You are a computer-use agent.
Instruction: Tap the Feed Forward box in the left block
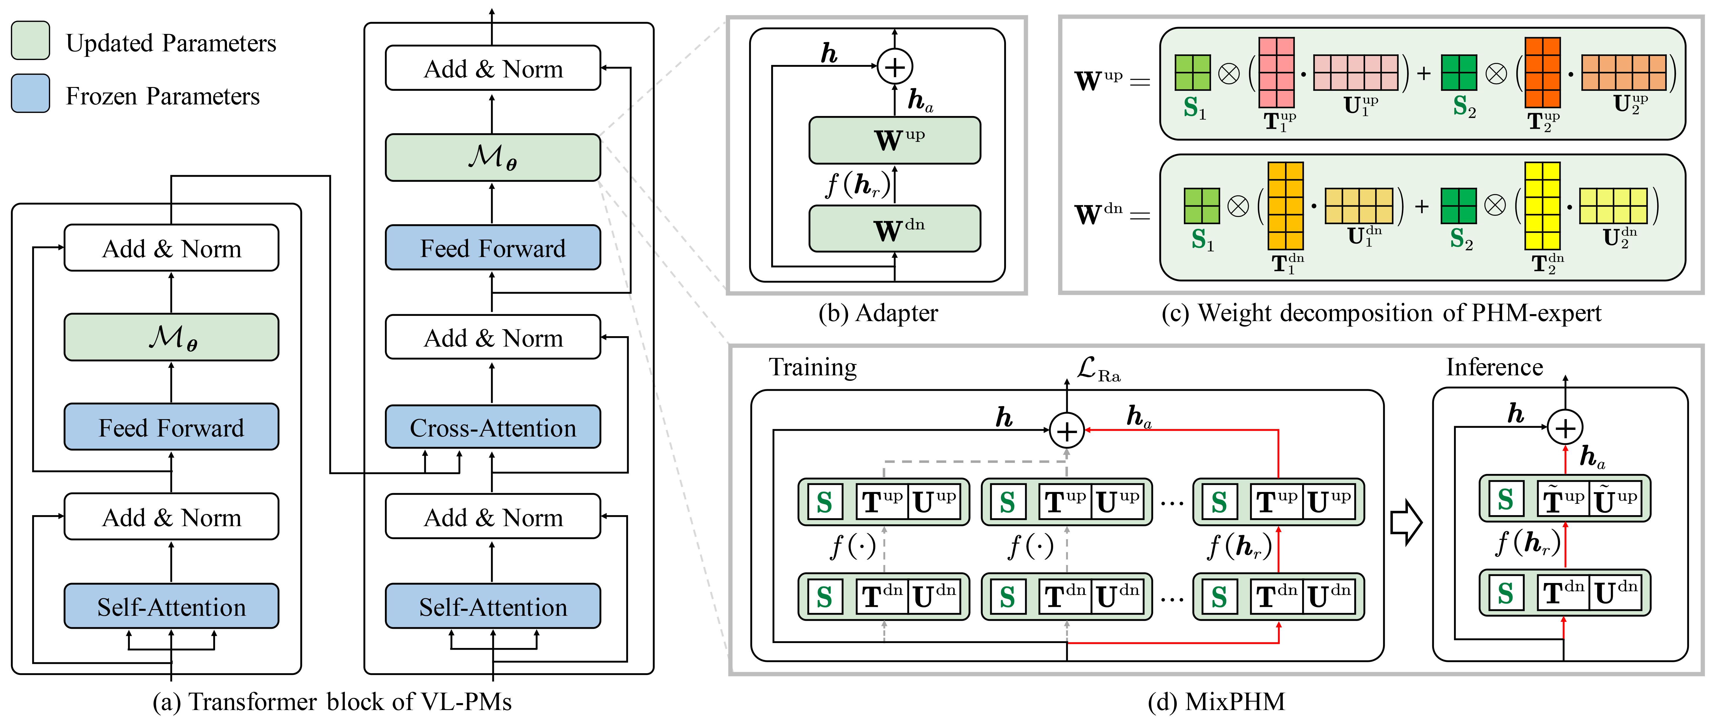pyautogui.click(x=171, y=427)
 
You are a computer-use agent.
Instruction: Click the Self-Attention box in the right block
pyautogui.click(x=493, y=606)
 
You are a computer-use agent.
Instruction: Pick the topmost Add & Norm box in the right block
pyautogui.click(x=493, y=68)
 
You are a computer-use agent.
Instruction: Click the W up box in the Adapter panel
pyautogui.click(x=894, y=140)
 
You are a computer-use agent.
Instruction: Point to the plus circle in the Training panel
pyautogui.click(x=1067, y=431)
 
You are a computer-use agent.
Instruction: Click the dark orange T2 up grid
pyautogui.click(x=1543, y=72)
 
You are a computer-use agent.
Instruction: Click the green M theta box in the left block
pyautogui.click(x=171, y=337)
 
